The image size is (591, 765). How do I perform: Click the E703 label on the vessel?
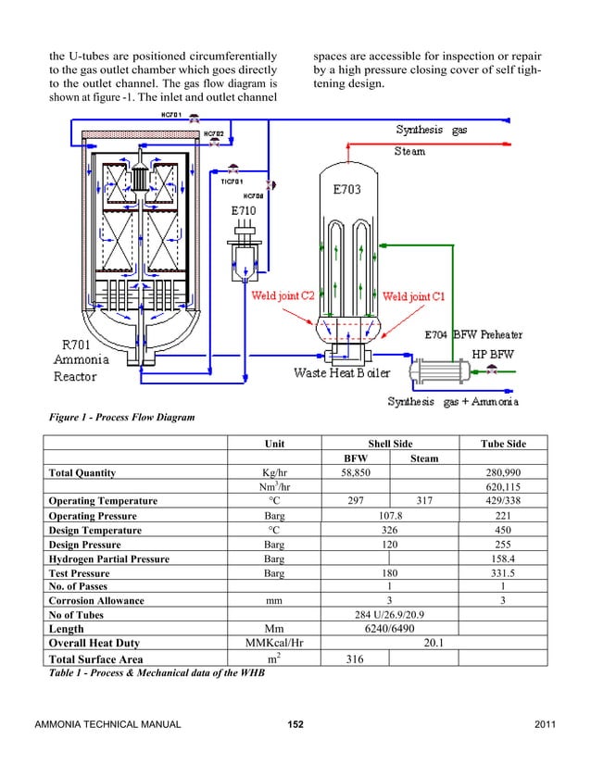click(x=347, y=190)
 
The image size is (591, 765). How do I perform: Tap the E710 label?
click(x=244, y=209)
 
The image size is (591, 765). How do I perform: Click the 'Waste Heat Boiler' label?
click(x=342, y=372)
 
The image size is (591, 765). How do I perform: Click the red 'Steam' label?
click(x=410, y=150)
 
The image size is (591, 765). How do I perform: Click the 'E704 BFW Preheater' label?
click(x=473, y=334)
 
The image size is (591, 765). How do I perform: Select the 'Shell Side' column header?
click(x=389, y=444)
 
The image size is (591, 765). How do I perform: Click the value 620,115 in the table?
click(x=503, y=486)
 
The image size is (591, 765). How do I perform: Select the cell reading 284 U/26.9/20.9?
click(x=390, y=614)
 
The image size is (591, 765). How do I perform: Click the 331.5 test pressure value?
click(x=503, y=572)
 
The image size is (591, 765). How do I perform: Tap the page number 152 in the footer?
click(x=295, y=722)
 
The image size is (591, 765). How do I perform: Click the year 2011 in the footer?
click(x=547, y=722)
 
